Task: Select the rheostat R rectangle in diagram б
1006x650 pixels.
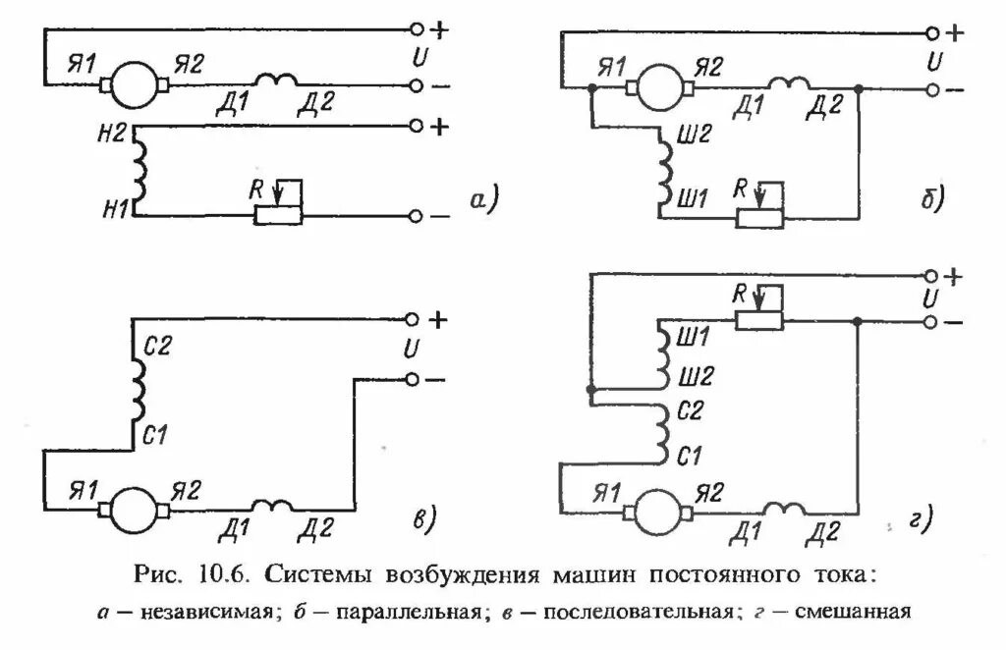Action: coord(760,217)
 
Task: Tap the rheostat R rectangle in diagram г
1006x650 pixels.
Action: coord(759,319)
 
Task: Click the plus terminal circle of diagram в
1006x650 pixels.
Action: coord(414,319)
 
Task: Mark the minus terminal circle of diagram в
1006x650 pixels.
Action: coord(414,379)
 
